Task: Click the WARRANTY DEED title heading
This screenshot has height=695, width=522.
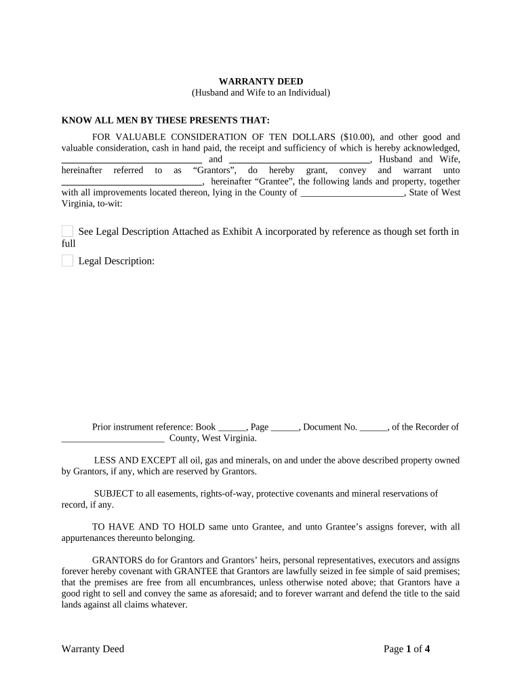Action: tap(260, 81)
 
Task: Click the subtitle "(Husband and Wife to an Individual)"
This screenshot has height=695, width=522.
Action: tap(260, 92)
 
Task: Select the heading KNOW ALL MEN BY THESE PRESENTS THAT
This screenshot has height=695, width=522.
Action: tap(165, 119)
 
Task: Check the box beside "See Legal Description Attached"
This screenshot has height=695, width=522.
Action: tap(67, 231)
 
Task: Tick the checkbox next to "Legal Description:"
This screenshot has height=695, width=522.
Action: tap(67, 261)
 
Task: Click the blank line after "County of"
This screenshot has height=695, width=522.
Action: tap(351, 192)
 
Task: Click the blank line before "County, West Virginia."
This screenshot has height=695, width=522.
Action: tap(113, 438)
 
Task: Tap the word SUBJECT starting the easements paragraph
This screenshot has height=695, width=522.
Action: tap(113, 493)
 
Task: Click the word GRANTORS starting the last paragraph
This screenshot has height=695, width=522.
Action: tap(116, 560)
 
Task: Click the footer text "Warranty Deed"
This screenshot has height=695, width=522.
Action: tap(93, 649)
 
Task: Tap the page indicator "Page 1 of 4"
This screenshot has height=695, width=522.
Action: tap(407, 649)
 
